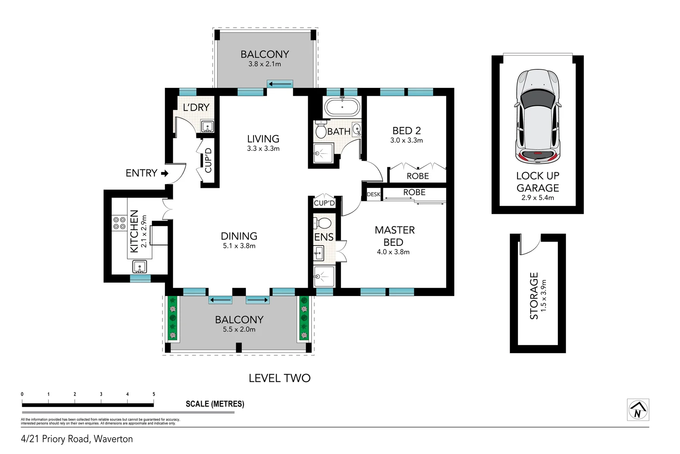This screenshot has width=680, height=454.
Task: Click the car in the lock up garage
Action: tap(538, 117)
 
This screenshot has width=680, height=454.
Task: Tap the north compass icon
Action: tap(638, 409)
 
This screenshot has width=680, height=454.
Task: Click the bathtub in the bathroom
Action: tap(342, 107)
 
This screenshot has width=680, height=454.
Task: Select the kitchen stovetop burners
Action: tap(119, 223)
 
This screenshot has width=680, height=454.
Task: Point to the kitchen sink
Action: tap(140, 267)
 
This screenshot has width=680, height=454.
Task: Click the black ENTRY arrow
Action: tap(165, 173)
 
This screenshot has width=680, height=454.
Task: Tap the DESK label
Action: tap(374, 194)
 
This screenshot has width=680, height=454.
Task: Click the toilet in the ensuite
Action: tap(322, 223)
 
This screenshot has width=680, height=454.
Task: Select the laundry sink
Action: tap(208, 126)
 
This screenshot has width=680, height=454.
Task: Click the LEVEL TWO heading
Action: tap(280, 378)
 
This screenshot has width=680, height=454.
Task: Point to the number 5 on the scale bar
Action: tap(154, 394)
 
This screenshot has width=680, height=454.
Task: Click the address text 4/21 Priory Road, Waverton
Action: tap(77, 439)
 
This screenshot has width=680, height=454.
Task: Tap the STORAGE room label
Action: tap(534, 296)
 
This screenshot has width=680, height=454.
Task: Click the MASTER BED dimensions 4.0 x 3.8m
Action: tap(393, 252)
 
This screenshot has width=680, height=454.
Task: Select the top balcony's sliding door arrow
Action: tap(280, 84)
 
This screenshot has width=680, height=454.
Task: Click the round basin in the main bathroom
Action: tap(357, 129)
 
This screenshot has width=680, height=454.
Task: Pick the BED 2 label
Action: tap(406, 130)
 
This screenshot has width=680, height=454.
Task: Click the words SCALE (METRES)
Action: tap(215, 404)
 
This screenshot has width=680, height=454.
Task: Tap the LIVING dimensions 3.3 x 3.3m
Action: tap(263, 148)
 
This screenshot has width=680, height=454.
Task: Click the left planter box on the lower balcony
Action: tap(173, 318)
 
